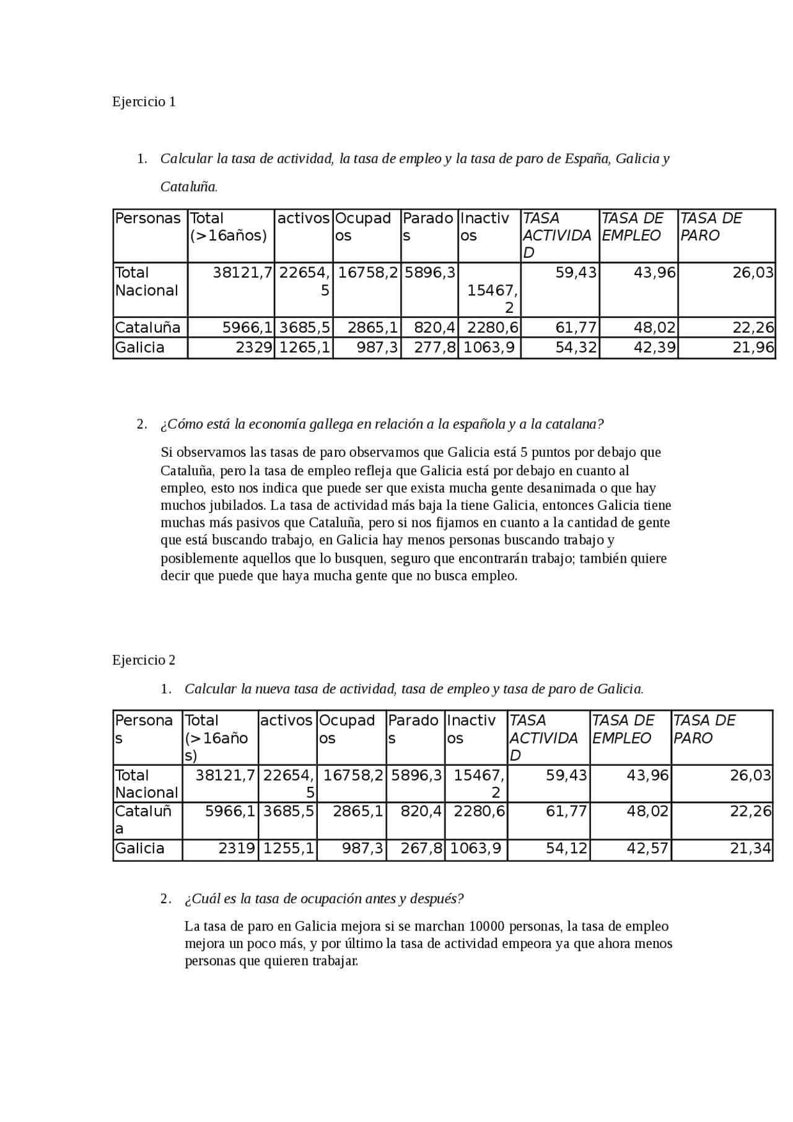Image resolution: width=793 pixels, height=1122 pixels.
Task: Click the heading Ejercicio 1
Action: pos(144,102)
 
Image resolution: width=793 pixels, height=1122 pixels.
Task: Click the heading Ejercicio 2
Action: pos(144,660)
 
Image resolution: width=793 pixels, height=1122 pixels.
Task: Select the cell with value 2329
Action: pos(254,348)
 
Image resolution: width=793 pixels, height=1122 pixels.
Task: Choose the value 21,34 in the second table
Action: pos(750,849)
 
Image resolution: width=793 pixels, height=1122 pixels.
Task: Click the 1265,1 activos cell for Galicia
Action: pos(304,348)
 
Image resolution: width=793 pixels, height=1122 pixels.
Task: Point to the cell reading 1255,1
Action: pos(288,849)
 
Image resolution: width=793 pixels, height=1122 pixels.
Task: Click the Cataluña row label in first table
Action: pos(147,328)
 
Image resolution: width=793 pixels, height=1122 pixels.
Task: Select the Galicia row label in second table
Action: pos(140,849)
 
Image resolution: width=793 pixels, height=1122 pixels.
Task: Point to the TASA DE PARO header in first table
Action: pos(711,227)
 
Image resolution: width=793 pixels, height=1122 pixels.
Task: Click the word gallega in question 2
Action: pos(331,424)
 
